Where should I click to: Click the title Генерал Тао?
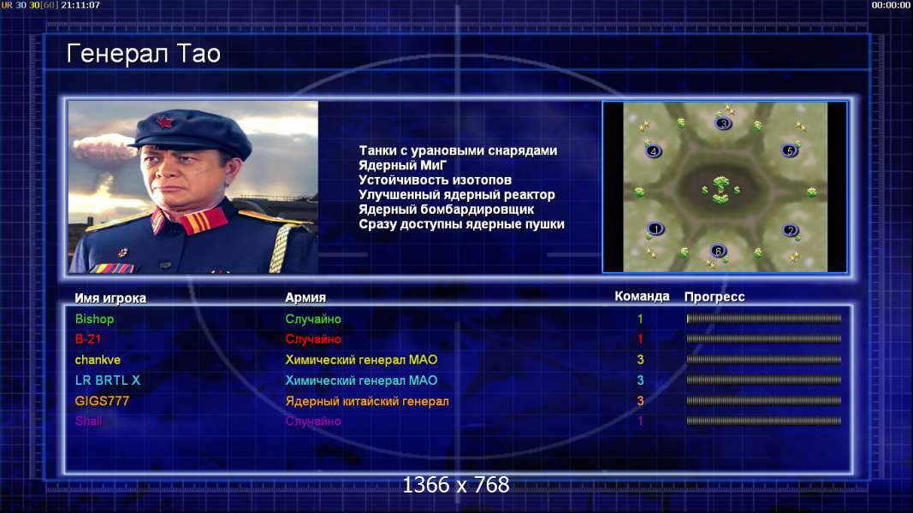143,54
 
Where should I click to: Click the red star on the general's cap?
165,123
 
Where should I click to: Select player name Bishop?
94,319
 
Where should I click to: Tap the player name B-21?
88,339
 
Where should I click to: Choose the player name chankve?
98,360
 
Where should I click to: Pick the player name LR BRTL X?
108,380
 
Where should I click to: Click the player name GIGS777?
102,401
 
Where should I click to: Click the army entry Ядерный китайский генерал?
367,401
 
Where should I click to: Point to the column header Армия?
305,298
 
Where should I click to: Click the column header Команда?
642,297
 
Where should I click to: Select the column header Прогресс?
714,298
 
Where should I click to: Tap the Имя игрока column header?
110,298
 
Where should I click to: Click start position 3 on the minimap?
723,123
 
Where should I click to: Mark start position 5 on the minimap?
790,151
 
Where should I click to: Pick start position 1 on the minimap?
655,229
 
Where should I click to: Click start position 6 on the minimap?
719,251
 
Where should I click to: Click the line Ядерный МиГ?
402,165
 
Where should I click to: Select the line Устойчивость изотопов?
435,180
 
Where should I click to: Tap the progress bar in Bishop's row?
764,319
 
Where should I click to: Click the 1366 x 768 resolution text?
456,485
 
